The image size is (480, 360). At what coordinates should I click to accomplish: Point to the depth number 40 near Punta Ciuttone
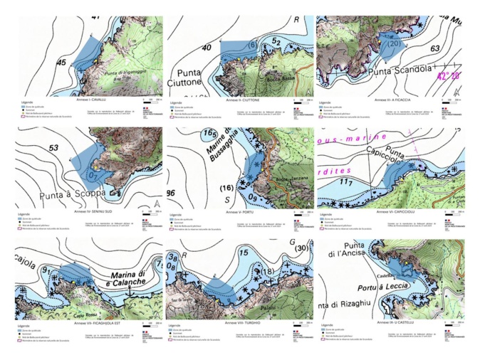point(187,48)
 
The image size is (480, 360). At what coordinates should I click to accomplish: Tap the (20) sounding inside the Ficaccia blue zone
point(392,43)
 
